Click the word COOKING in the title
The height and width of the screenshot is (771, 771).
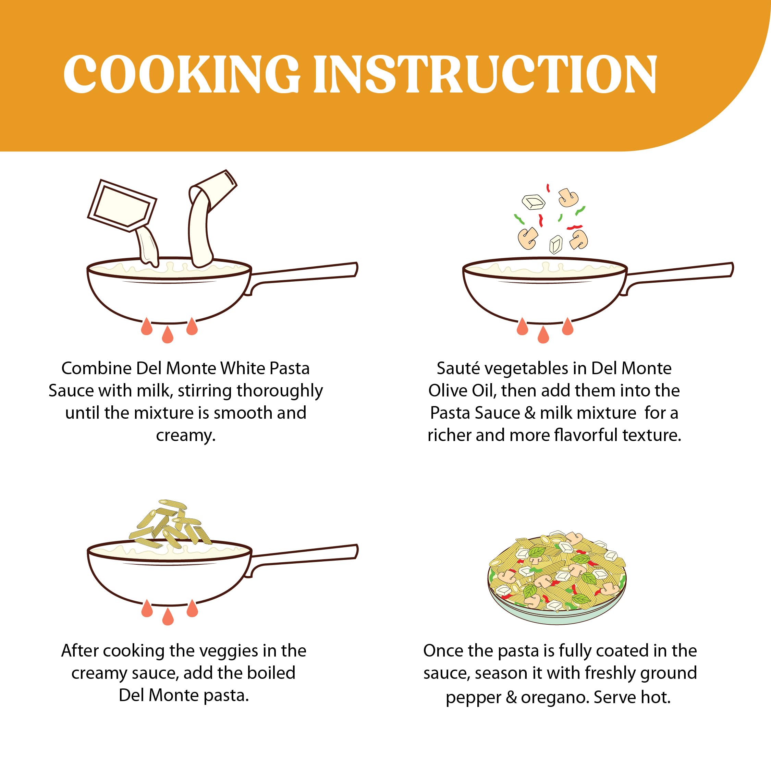click(182, 75)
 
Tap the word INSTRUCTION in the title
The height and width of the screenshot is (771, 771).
click(485, 75)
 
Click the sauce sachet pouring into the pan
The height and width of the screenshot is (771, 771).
click(122, 206)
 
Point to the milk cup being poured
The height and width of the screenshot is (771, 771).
click(213, 190)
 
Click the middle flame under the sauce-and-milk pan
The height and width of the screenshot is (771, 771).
click(168, 334)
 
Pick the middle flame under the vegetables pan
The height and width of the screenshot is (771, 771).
click(543, 334)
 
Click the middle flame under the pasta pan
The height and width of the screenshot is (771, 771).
click(168, 616)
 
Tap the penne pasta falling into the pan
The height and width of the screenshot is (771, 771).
click(171, 523)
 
